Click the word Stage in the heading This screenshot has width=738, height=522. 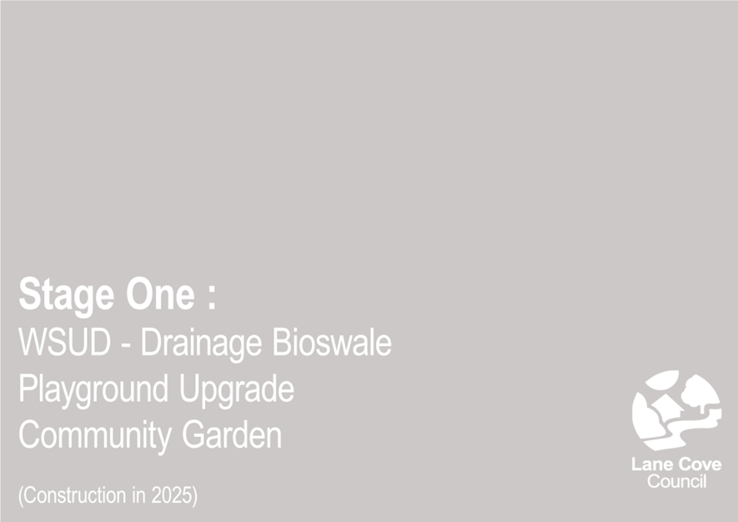(x=67, y=295)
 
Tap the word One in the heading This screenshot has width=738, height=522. (x=160, y=294)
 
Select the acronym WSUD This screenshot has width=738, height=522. (x=64, y=342)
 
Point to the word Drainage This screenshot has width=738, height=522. (x=202, y=344)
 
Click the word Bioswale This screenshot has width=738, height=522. (x=332, y=342)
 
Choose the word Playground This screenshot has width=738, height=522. (x=93, y=391)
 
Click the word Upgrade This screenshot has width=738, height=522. (x=237, y=391)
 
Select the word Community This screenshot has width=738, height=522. (x=96, y=437)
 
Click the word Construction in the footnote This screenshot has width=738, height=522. (x=75, y=495)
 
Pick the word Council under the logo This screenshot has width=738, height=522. (x=677, y=481)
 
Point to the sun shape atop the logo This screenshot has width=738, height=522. (x=663, y=379)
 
